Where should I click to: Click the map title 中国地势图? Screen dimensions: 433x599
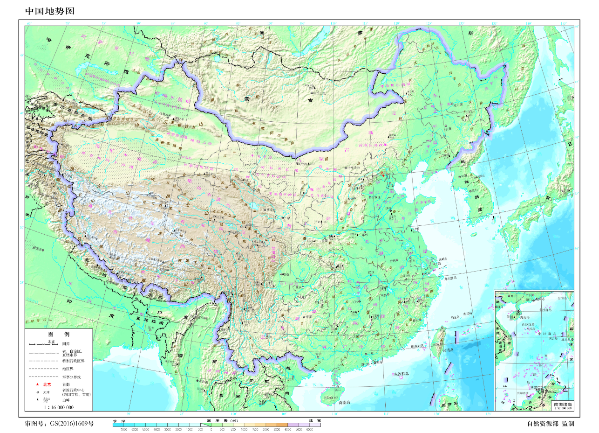tap(49, 11)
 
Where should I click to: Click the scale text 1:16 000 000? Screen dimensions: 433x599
tap(59, 407)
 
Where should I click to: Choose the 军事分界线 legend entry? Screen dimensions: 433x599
tap(69, 377)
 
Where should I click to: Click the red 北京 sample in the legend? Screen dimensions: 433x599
tap(47, 384)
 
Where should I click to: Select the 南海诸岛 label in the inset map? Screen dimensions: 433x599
tap(563, 404)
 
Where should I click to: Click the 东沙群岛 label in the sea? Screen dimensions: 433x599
tap(402, 374)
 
